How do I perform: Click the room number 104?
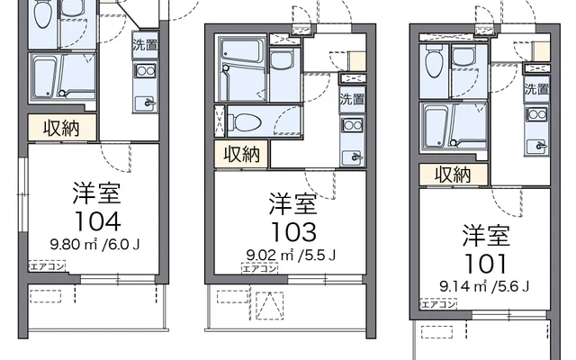click(x=96, y=221)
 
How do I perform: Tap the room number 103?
click(x=292, y=229)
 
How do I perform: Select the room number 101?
click(x=485, y=264)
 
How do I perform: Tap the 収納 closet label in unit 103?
click(x=242, y=154)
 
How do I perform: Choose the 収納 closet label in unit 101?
click(x=454, y=173)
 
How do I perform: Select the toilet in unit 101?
click(x=435, y=62)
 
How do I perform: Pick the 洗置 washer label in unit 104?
click(x=144, y=44)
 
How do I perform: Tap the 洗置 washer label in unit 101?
click(x=536, y=88)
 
